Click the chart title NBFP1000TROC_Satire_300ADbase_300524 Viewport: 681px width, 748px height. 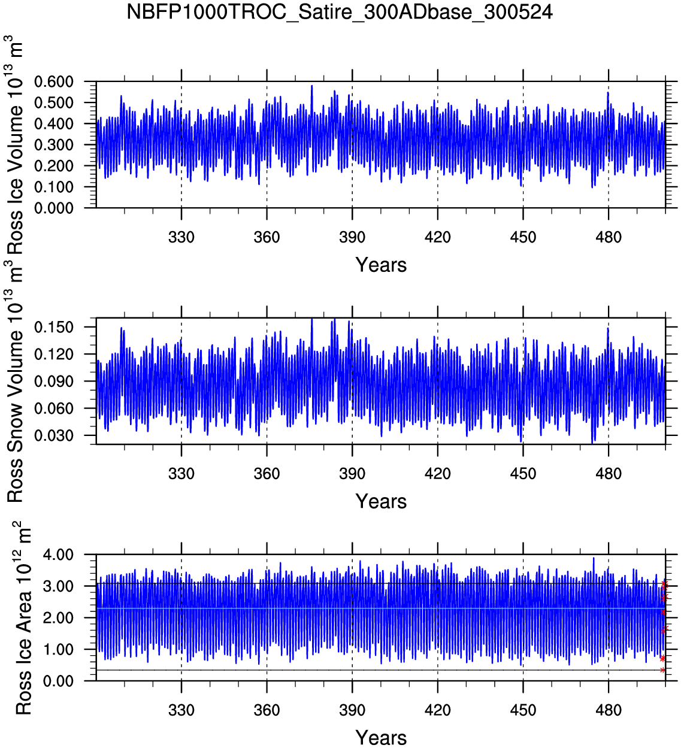click(x=340, y=12)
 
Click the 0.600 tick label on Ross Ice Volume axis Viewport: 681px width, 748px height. click(x=54, y=81)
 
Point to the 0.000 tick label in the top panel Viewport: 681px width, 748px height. click(x=54, y=208)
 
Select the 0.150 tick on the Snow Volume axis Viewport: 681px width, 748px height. click(x=54, y=327)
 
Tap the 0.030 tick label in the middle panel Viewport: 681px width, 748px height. click(x=54, y=435)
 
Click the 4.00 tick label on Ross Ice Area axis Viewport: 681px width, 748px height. click(x=58, y=555)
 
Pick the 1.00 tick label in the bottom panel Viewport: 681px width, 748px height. click(x=58, y=649)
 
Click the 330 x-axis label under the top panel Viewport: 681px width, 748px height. click(x=181, y=237)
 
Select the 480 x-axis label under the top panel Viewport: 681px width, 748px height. click(x=609, y=237)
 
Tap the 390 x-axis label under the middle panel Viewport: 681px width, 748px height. click(x=352, y=474)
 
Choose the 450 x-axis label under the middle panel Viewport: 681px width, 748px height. click(x=523, y=474)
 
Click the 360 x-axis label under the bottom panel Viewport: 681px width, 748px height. click(x=267, y=710)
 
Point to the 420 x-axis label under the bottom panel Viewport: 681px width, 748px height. click(x=438, y=710)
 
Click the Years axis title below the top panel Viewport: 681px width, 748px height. click(x=381, y=265)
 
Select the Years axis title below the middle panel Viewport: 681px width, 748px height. click(x=381, y=501)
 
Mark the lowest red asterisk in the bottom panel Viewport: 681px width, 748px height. click(x=662, y=670)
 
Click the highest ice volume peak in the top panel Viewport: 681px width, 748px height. click(x=311, y=86)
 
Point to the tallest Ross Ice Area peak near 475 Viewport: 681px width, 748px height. click(x=594, y=558)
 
